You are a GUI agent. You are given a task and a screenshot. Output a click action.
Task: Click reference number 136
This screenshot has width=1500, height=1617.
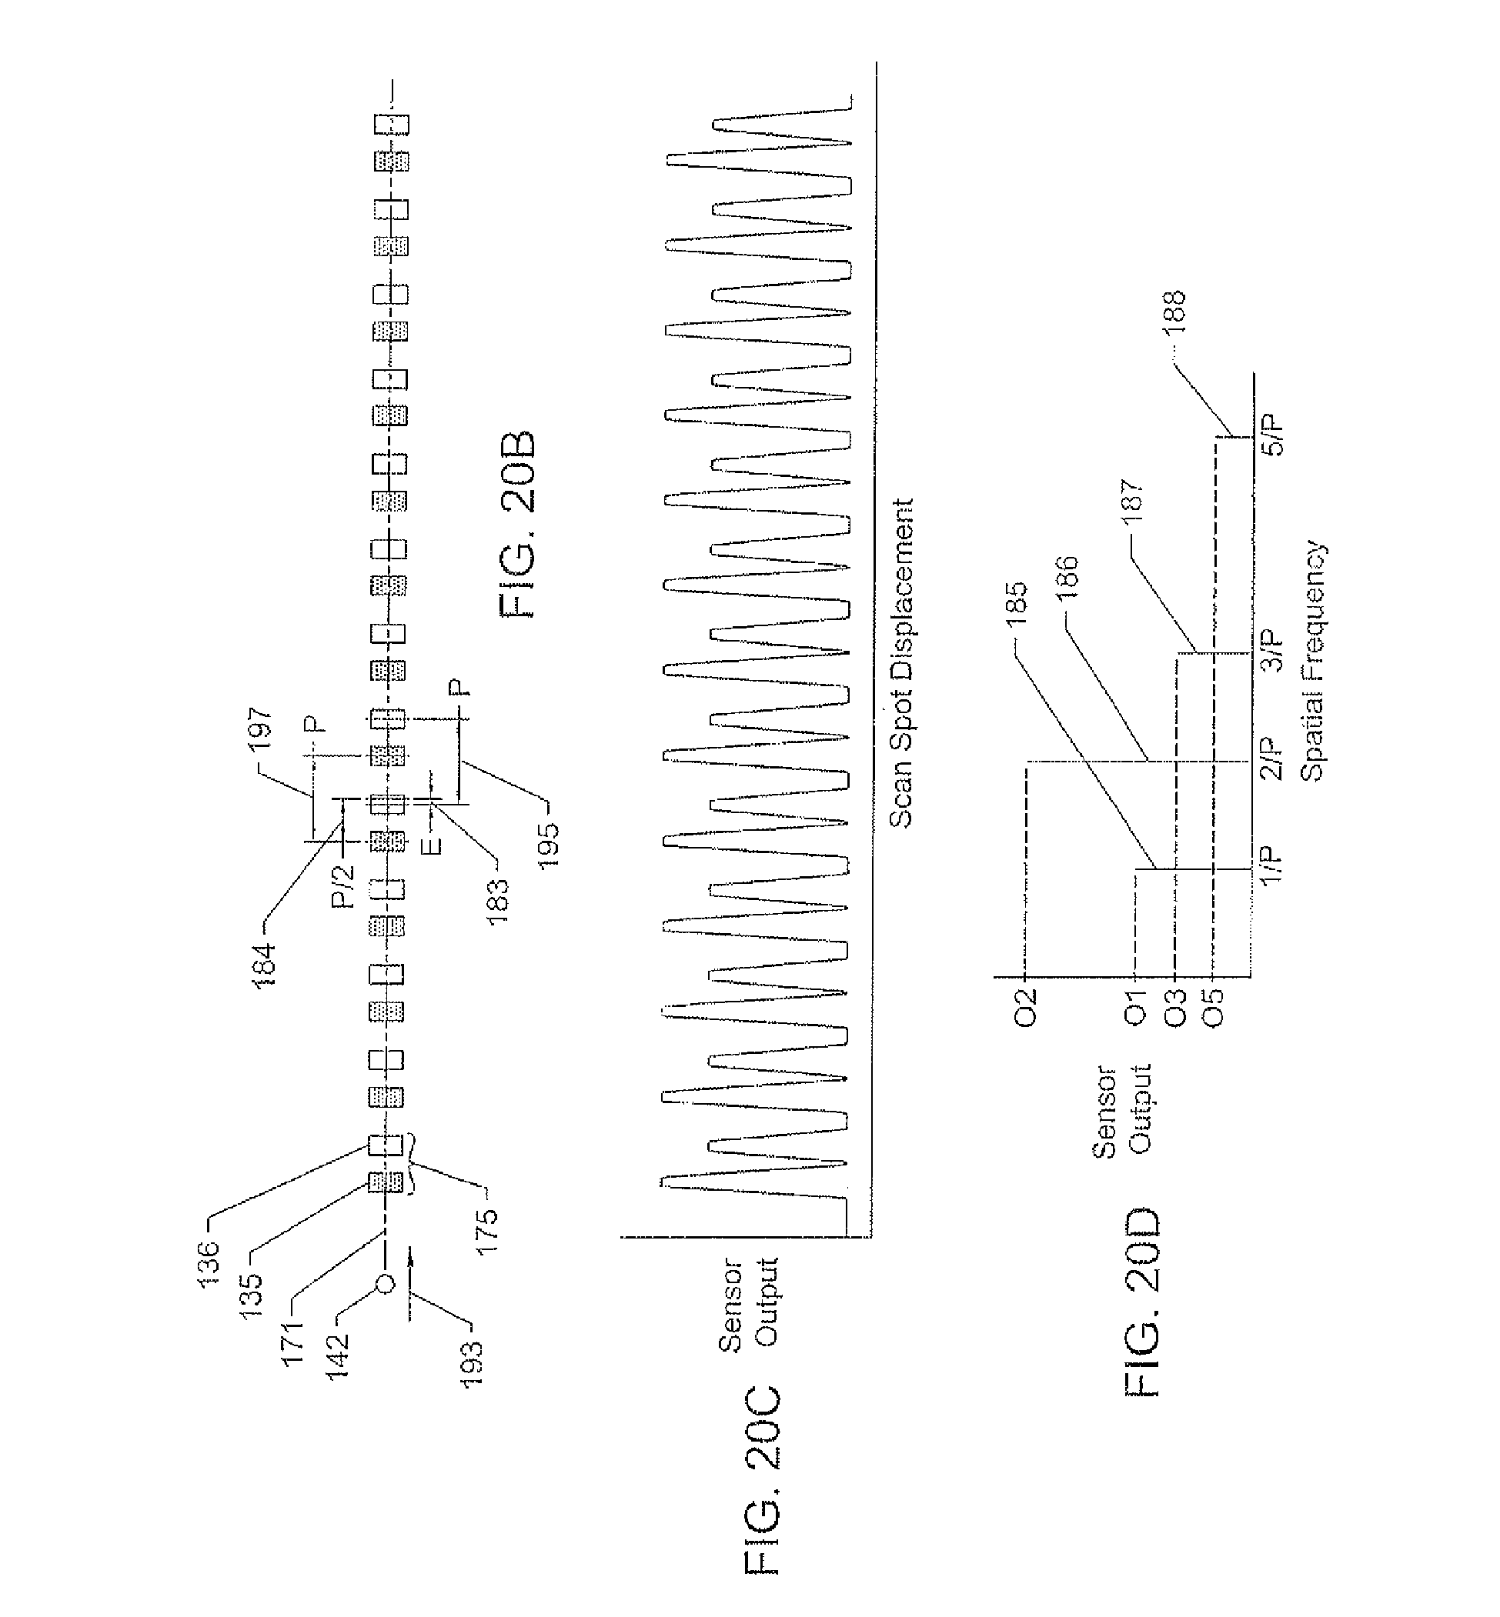tap(209, 1263)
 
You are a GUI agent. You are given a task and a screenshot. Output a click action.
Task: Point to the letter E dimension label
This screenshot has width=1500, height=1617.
tap(433, 845)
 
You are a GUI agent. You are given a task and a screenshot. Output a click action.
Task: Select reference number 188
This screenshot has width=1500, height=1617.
tap(1174, 311)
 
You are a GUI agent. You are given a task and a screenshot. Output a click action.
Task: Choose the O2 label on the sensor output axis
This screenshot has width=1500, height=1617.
tap(1026, 1006)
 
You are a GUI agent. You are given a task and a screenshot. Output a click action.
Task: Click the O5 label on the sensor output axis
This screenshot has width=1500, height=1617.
tap(1213, 1006)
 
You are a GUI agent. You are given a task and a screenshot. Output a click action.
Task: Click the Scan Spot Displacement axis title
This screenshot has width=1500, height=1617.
tap(901, 663)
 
